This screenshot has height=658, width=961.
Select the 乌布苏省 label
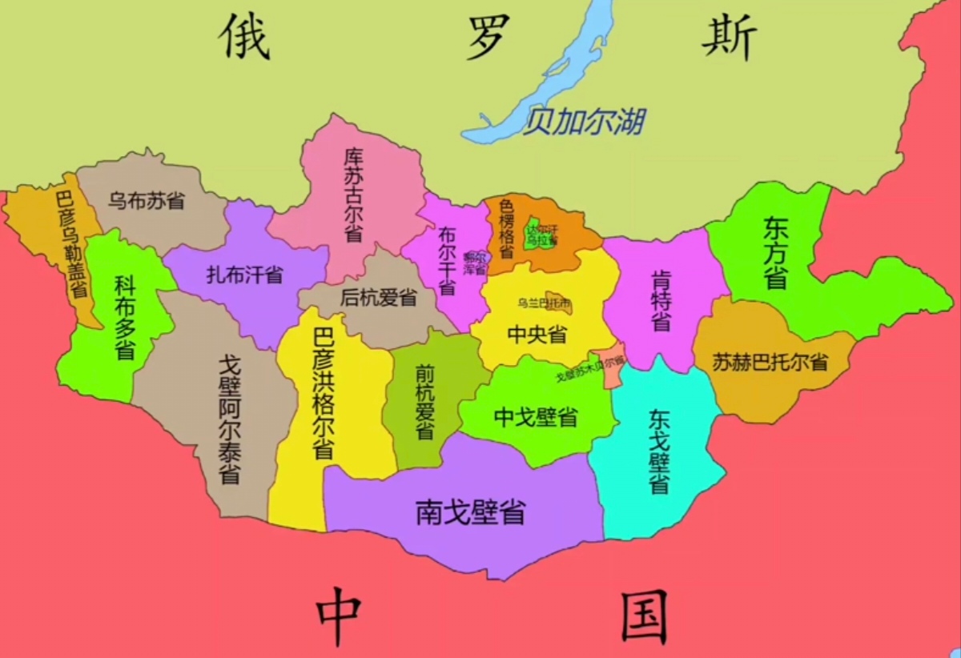pos(147,200)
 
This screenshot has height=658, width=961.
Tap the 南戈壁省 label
pos(470,512)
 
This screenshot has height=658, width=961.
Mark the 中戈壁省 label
pos(536,416)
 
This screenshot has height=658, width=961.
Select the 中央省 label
pos(537,334)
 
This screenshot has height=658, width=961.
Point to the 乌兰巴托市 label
pos(544,303)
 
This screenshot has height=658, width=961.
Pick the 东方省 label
pos(774,252)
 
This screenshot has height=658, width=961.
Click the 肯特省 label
pos(661,299)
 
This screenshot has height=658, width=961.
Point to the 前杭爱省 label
pos(424,401)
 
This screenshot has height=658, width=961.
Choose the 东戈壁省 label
pos(659,451)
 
